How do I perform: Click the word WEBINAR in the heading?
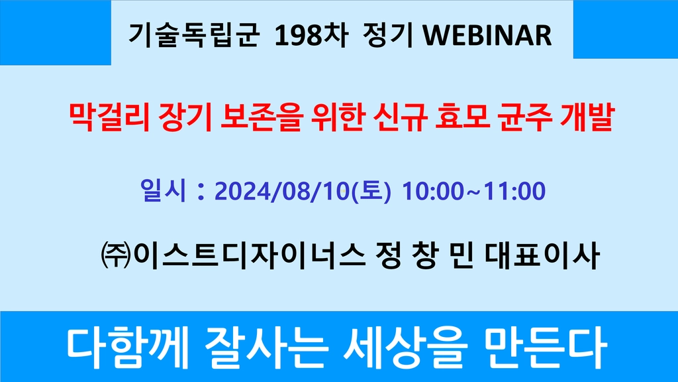pyautogui.click(x=487, y=34)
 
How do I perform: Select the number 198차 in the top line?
pyautogui.click(x=311, y=34)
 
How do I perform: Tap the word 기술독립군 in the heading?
pyautogui.click(x=194, y=34)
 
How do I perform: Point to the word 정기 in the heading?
pyautogui.click(x=387, y=34)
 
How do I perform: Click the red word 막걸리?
pyautogui.click(x=109, y=117)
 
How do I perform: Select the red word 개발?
pyautogui.click(x=587, y=117)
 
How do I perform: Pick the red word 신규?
pyautogui.click(x=399, y=117)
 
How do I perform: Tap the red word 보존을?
pyautogui.click(x=260, y=117)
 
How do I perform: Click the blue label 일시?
pyautogui.click(x=163, y=190)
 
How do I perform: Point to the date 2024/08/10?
pyautogui.click(x=281, y=191)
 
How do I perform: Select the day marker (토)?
pyautogui.click(x=371, y=191)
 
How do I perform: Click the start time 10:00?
pyautogui.click(x=433, y=191)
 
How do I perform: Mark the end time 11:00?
pyautogui.click(x=514, y=191)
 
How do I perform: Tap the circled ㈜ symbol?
pyautogui.click(x=115, y=255)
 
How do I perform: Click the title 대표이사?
pyautogui.click(x=542, y=255)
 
